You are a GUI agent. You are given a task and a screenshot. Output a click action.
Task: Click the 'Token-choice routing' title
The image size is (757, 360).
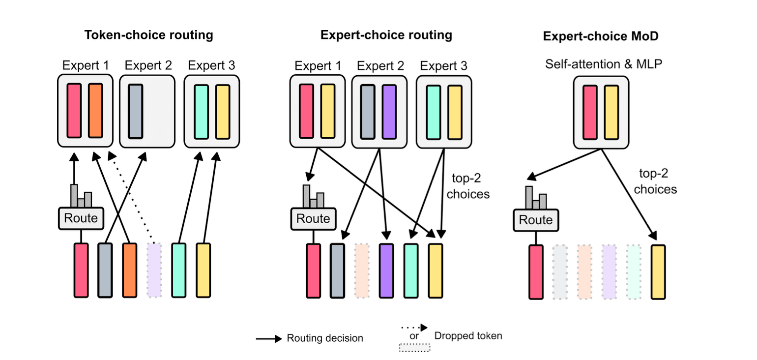tap(148, 35)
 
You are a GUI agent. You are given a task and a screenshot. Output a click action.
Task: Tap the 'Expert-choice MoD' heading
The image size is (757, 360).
tap(601, 36)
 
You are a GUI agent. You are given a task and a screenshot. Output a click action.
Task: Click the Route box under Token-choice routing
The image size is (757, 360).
tap(81, 218)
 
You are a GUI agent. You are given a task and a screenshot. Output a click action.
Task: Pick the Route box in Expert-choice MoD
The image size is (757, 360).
tap(536, 219)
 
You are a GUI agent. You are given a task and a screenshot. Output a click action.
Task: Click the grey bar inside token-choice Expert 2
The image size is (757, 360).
tap(135, 111)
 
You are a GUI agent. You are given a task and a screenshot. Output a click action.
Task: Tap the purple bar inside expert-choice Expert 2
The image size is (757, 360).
tap(388, 112)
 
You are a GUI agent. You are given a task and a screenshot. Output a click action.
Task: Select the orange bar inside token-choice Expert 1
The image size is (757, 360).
tap(95, 111)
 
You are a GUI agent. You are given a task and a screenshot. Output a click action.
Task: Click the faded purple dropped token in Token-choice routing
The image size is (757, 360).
tap(154, 270)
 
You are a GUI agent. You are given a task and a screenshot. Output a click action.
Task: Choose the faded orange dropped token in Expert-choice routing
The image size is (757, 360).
tap(361, 270)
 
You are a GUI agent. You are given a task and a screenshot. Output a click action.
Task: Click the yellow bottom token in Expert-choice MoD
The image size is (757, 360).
tap(658, 272)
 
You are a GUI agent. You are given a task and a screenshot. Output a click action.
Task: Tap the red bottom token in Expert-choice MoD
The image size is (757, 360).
tap(536, 272)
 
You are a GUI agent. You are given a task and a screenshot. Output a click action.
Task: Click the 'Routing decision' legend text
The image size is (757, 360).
tap(325, 338)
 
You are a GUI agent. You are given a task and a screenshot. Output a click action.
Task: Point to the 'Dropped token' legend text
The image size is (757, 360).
tap(468, 336)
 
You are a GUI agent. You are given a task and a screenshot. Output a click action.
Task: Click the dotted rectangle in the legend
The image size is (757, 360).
tap(414, 348)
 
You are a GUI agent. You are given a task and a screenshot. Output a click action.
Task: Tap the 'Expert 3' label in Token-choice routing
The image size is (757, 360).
tap(211, 65)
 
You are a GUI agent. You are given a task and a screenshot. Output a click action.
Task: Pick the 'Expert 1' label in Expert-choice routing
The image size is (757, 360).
tap(317, 66)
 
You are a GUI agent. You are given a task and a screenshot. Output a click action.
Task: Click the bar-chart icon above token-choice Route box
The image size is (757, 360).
tap(81, 196)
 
